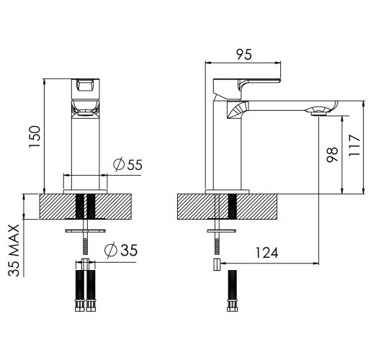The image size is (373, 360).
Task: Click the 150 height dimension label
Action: click(x=35, y=136)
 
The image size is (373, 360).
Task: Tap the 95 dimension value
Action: click(x=244, y=55)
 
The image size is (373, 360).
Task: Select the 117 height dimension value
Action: click(x=354, y=146)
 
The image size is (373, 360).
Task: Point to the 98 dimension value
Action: click(x=332, y=155)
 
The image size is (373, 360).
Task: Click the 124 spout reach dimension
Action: click(x=266, y=253)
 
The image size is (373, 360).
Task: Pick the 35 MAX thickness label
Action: click(x=14, y=250)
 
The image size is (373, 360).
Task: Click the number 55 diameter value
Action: click(x=135, y=165)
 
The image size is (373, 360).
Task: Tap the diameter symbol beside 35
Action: click(x=111, y=251)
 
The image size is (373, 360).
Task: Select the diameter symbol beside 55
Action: click(x=119, y=165)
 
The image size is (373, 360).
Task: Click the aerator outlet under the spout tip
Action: click(x=319, y=113)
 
